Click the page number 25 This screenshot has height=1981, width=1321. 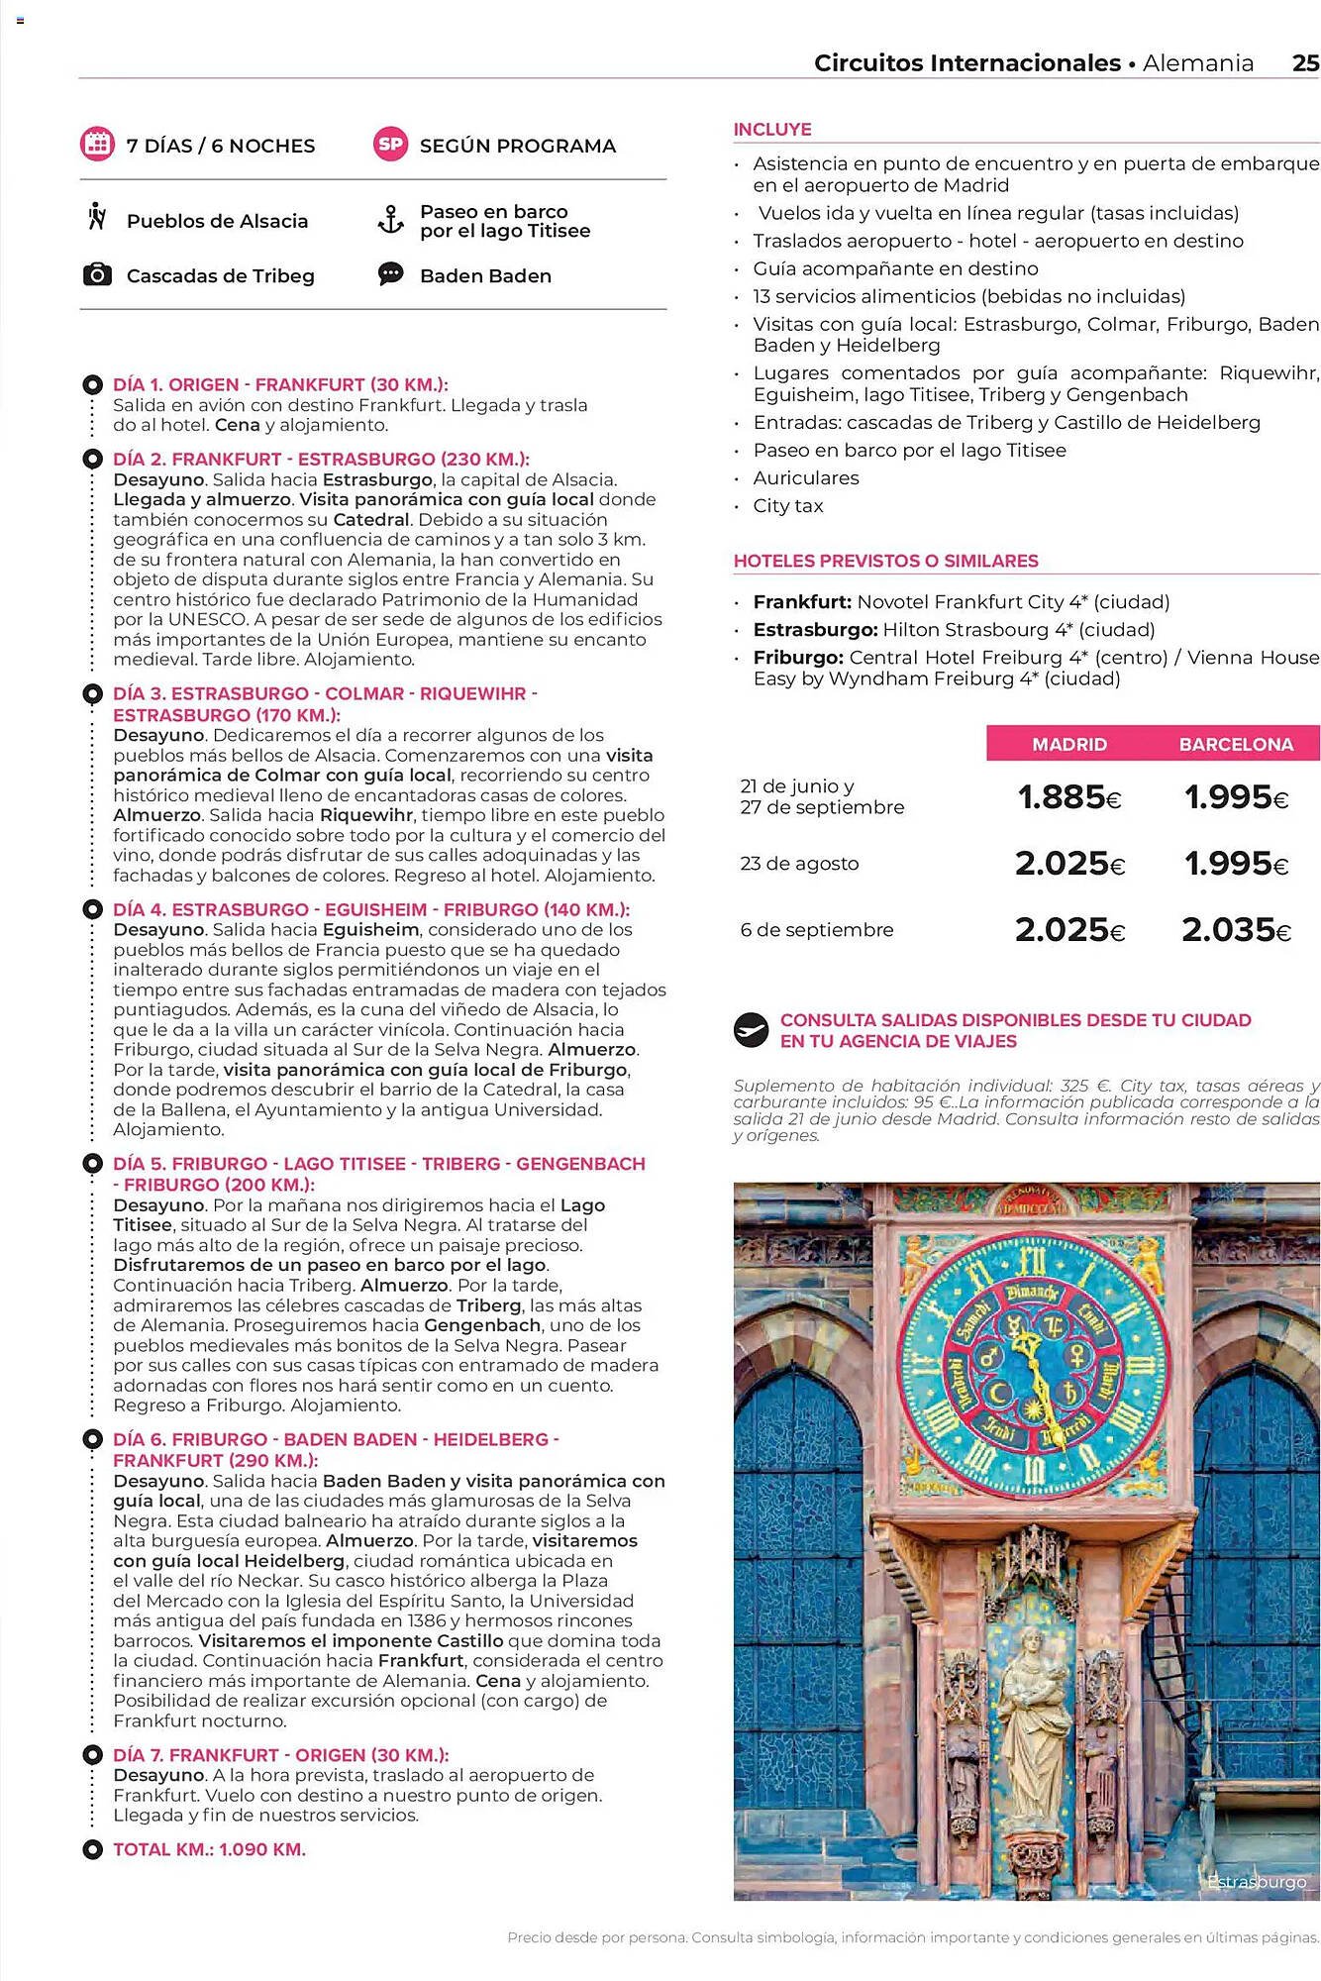(1305, 63)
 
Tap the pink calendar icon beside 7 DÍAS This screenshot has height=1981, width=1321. (97, 145)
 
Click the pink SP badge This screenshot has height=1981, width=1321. (390, 145)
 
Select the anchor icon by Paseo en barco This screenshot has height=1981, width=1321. (391, 220)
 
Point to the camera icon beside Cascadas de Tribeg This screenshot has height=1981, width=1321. (97, 275)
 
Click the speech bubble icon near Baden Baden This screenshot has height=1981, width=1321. (391, 274)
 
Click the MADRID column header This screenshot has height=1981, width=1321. (1069, 744)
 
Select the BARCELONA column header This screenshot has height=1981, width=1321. (1236, 744)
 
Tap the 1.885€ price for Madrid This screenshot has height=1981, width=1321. (1069, 797)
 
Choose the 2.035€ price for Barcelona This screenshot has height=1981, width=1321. (1236, 930)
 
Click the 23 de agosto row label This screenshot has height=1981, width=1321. (799, 864)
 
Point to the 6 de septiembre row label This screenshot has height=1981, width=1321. (817, 930)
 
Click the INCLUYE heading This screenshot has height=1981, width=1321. (772, 130)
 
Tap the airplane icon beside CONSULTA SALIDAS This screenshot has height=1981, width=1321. (752, 1030)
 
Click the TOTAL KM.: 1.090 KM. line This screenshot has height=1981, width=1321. (209, 1849)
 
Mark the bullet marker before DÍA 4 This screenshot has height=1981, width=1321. (92, 909)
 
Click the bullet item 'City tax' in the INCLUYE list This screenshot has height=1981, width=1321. (788, 506)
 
